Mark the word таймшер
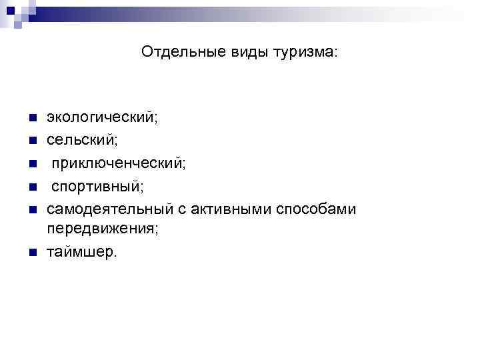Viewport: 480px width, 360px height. point(81,251)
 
